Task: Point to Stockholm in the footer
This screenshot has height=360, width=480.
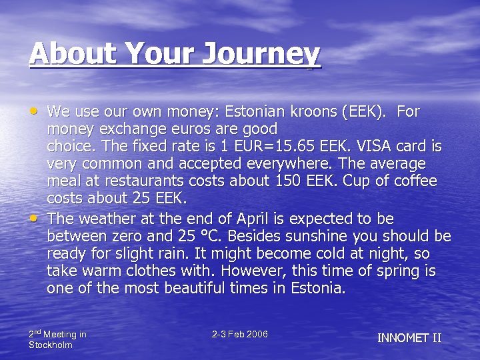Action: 51,345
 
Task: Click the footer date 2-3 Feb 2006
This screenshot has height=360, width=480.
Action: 239,334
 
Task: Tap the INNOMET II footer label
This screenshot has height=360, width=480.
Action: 409,338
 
